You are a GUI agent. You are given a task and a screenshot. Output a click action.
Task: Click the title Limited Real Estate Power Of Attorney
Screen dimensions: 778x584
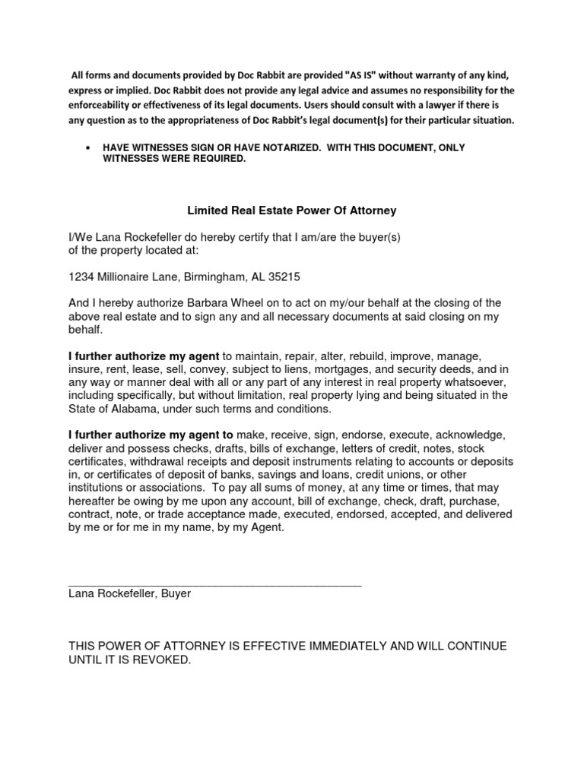tap(292, 210)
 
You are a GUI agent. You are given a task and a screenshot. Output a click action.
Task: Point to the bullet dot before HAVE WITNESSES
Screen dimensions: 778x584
tap(90, 147)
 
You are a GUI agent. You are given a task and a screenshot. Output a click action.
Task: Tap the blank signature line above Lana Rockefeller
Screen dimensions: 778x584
tap(215, 583)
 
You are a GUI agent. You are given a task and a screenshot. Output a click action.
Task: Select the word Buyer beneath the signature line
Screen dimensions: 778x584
tap(176, 594)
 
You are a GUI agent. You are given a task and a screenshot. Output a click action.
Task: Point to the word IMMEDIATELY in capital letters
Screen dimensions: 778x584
tap(334, 646)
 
